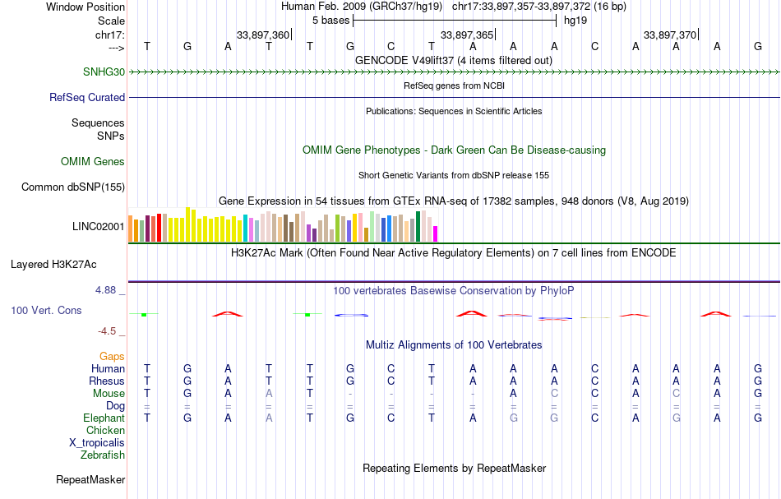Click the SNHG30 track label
tap(104, 72)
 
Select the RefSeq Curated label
tap(86, 97)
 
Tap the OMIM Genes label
tap(92, 161)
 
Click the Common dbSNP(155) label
tap(73, 187)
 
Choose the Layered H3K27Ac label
tap(53, 265)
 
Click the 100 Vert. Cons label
tap(48, 311)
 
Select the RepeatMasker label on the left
tap(90, 479)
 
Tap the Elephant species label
tap(104, 418)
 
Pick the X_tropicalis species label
tap(97, 442)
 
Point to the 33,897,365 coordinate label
tap(467, 35)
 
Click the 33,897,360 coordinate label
tap(263, 35)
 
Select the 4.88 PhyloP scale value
tap(109, 290)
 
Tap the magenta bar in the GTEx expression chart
tap(436, 233)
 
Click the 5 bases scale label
tap(330, 20)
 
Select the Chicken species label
tap(105, 430)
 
